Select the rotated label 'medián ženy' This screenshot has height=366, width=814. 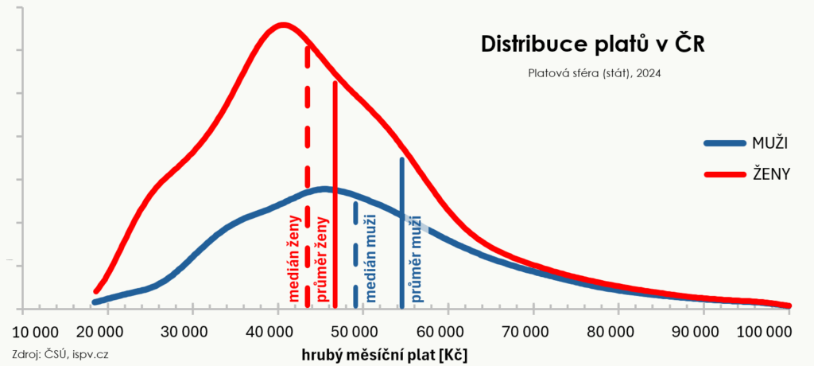pos(294,259)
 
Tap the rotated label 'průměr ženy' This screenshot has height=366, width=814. pos(322,259)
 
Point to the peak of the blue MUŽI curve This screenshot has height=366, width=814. pos(324,189)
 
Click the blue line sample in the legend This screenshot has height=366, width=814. pos(724,144)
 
